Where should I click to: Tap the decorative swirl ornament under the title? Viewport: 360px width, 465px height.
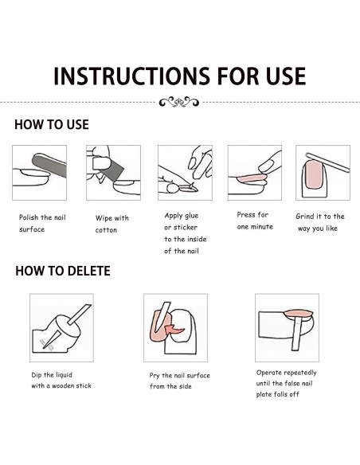179,102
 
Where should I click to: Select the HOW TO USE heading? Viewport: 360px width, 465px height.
52,124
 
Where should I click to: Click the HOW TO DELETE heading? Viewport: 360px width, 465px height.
63,271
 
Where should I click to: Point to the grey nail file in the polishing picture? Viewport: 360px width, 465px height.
49,165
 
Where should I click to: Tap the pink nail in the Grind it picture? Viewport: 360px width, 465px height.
314,174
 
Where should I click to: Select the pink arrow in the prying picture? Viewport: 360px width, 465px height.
174,330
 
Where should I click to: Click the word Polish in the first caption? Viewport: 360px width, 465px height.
29,217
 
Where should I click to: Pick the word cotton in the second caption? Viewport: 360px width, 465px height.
106,230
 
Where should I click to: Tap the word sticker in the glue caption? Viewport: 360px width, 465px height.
186,228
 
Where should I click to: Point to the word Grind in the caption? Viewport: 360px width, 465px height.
304,217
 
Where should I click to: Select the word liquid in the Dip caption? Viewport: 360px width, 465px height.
64,375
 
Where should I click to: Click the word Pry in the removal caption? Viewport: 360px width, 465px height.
155,376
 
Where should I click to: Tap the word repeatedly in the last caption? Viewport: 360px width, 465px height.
299,373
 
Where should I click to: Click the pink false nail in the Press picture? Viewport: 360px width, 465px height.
252,178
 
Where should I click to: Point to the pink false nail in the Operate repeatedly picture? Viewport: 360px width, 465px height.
299,314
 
